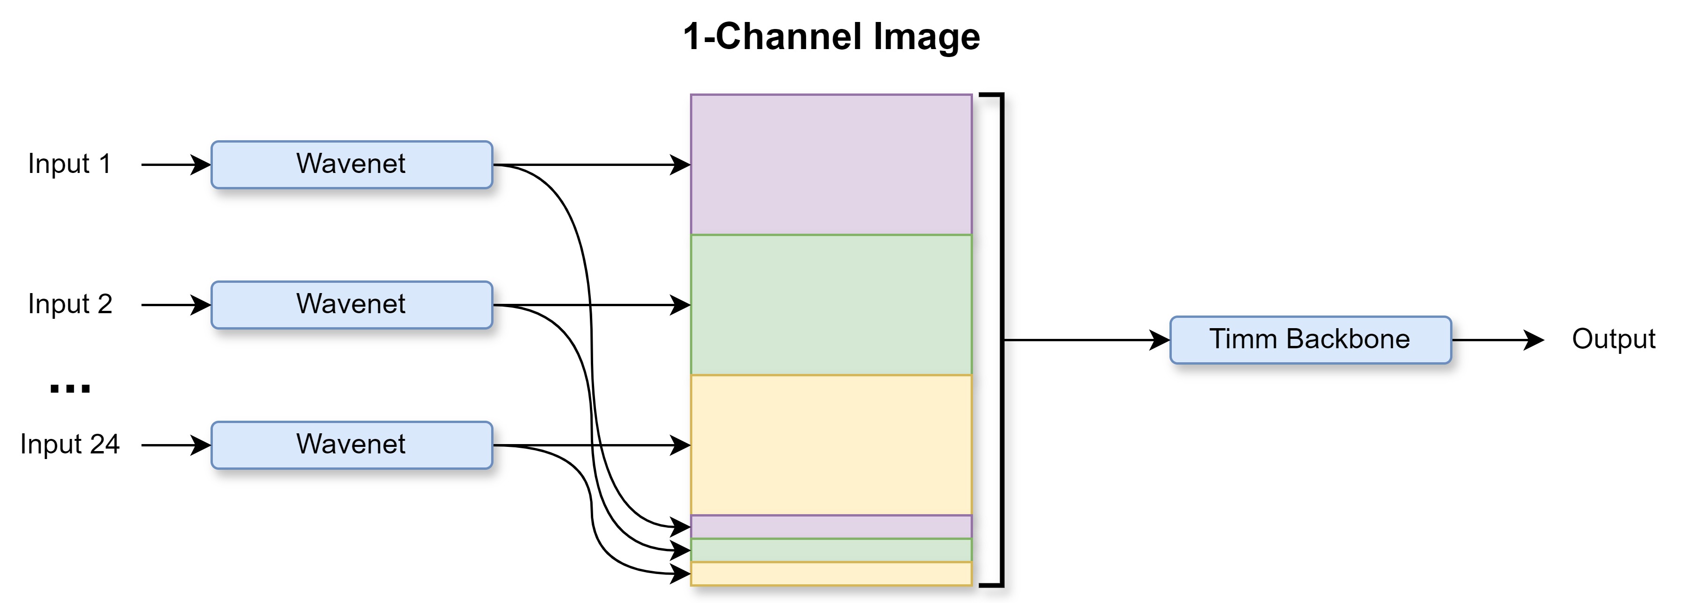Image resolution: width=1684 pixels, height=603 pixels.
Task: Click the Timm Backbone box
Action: point(1311,340)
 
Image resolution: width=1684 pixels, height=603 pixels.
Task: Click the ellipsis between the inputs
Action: point(70,389)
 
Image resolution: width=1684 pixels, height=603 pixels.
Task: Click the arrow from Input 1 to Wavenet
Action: point(176,165)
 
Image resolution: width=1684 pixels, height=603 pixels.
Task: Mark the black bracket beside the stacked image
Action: point(1002,340)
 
